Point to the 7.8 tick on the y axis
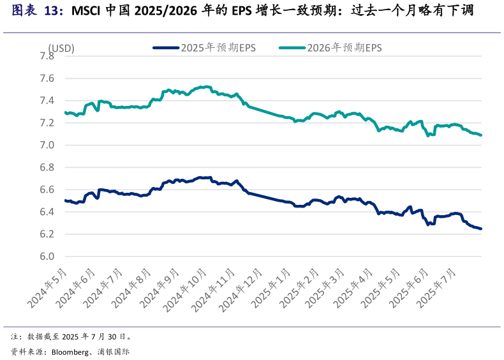(47, 56)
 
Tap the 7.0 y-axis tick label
(47, 146)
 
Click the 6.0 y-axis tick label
(47, 257)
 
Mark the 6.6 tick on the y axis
(47, 190)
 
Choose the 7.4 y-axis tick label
(47, 101)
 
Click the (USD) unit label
(61, 48)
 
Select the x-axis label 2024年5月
(48, 288)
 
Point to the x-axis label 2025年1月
(271, 288)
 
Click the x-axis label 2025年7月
(440, 288)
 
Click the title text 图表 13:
(37, 11)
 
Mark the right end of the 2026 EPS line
(481, 135)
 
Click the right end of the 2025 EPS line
(481, 229)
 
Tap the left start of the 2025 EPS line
(65, 200)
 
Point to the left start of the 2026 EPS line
(65, 112)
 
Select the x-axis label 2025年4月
(355, 288)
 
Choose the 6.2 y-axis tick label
(47, 235)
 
